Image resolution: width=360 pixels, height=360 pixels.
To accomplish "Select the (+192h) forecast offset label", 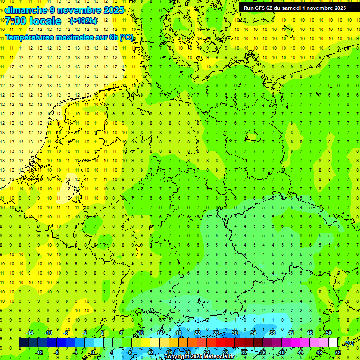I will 83,21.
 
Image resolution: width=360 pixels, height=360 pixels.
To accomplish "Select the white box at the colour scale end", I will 333,343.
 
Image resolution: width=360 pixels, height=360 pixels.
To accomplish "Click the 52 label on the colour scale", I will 337,352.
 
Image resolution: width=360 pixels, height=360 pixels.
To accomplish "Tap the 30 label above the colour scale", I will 234,333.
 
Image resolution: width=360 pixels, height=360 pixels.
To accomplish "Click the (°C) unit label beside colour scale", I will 348,343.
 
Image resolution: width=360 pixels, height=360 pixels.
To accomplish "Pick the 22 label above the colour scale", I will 197,333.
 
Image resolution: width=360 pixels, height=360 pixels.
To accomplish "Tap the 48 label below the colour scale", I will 319,352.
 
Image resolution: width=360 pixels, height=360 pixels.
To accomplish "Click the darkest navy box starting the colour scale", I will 23,343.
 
